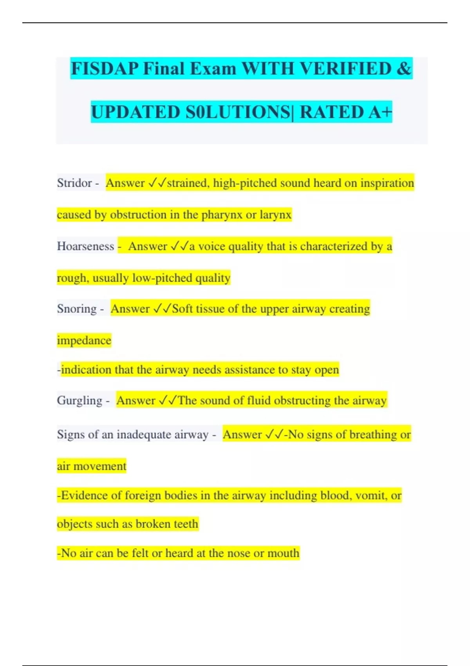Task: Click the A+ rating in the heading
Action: [380, 112]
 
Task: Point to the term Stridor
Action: [74, 183]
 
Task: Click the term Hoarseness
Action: [85, 246]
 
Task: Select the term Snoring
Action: [77, 309]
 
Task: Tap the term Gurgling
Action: [80, 400]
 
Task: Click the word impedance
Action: [84, 340]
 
